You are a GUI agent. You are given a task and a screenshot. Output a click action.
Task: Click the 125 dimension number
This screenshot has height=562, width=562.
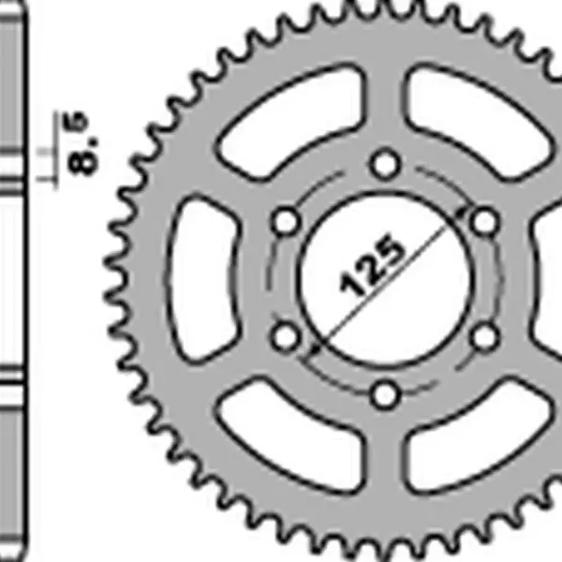(371, 265)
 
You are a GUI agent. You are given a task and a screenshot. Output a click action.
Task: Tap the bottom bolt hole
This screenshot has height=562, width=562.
(385, 395)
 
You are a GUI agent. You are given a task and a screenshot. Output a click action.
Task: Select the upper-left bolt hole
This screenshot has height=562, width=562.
(285, 222)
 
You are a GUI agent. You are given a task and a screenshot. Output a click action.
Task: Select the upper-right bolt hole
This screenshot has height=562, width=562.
(484, 222)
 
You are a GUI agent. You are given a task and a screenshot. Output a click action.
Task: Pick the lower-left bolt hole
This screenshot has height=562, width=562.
(285, 337)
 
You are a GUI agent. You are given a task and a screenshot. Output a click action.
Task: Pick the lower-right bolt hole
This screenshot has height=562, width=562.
(484, 337)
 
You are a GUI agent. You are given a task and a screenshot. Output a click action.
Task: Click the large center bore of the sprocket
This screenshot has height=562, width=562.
(385, 279)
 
